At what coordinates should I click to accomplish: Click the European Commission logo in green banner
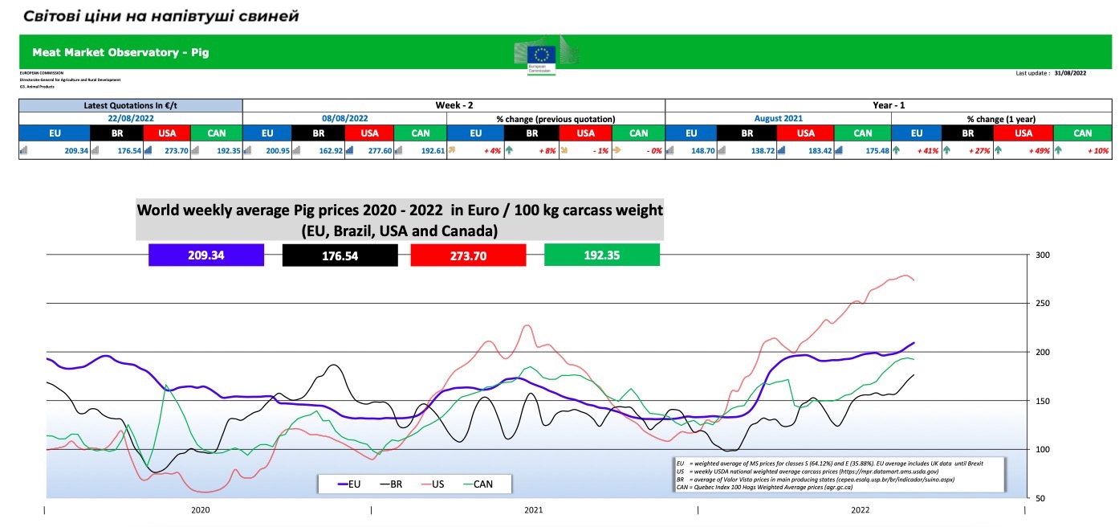click(543, 56)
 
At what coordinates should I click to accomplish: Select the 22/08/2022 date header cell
click(131, 118)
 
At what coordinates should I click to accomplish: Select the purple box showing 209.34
click(206, 255)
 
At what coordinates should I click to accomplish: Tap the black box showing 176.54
click(340, 255)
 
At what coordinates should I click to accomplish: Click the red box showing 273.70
click(468, 255)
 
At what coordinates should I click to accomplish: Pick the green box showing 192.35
click(602, 255)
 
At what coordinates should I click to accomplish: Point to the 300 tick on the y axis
click(1043, 255)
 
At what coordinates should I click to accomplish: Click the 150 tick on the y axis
click(1043, 401)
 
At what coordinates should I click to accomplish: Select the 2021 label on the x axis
click(534, 510)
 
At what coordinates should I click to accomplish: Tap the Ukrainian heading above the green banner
click(161, 16)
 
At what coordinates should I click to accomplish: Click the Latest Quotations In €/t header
click(131, 105)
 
